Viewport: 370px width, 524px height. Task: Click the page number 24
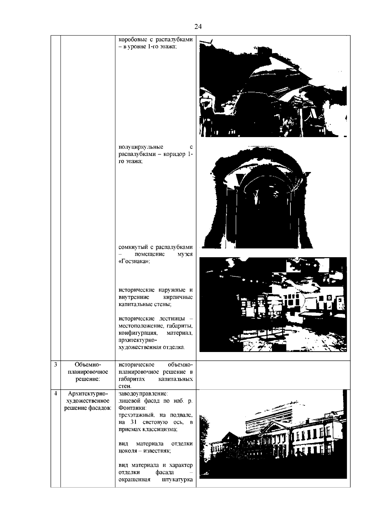tap(198, 27)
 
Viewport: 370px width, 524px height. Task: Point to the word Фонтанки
tap(133, 408)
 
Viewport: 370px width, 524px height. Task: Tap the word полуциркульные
tap(141, 147)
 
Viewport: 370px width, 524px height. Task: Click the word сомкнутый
tap(133, 247)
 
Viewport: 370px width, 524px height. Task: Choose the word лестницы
tap(172, 318)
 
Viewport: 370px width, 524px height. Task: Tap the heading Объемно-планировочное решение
tap(88, 372)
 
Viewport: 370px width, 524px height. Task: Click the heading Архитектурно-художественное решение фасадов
tap(88, 401)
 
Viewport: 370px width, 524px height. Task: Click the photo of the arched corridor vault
tap(257, 197)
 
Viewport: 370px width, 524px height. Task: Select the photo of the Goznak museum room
tap(273, 304)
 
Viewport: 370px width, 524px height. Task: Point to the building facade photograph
tap(273, 436)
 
